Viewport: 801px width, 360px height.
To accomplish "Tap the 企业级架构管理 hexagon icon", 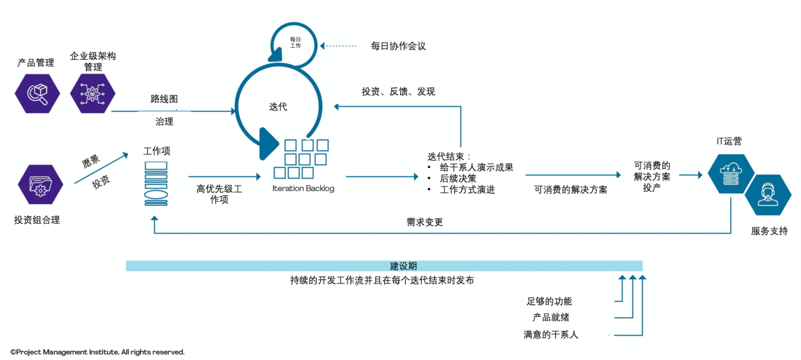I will pyautogui.click(x=92, y=93).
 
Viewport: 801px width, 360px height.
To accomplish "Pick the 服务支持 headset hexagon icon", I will pyautogui.click(x=768, y=195).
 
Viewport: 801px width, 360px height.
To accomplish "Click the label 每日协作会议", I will pyautogui.click(x=398, y=46).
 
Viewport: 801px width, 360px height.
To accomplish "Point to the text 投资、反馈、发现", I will pyautogui.click(x=398, y=92).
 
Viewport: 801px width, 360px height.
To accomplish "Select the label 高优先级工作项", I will pyautogui.click(x=219, y=194).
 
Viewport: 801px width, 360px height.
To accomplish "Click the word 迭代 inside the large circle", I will pyautogui.click(x=278, y=107).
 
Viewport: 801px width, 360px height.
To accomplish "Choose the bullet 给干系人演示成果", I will pyautogui.click(x=477, y=167).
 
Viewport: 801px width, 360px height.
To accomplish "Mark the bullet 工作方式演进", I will pyautogui.click(x=468, y=190).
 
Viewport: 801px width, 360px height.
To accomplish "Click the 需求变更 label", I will pyautogui.click(x=424, y=222).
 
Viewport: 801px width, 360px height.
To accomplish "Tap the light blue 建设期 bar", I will pyautogui.click(x=384, y=266).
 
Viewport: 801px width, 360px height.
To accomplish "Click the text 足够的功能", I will pyautogui.click(x=549, y=302).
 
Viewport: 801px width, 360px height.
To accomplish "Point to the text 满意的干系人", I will pyautogui.click(x=551, y=335).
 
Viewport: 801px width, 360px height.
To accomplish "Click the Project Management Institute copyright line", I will pyautogui.click(x=97, y=352).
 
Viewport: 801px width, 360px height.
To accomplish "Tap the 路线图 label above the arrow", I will pyautogui.click(x=164, y=99).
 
